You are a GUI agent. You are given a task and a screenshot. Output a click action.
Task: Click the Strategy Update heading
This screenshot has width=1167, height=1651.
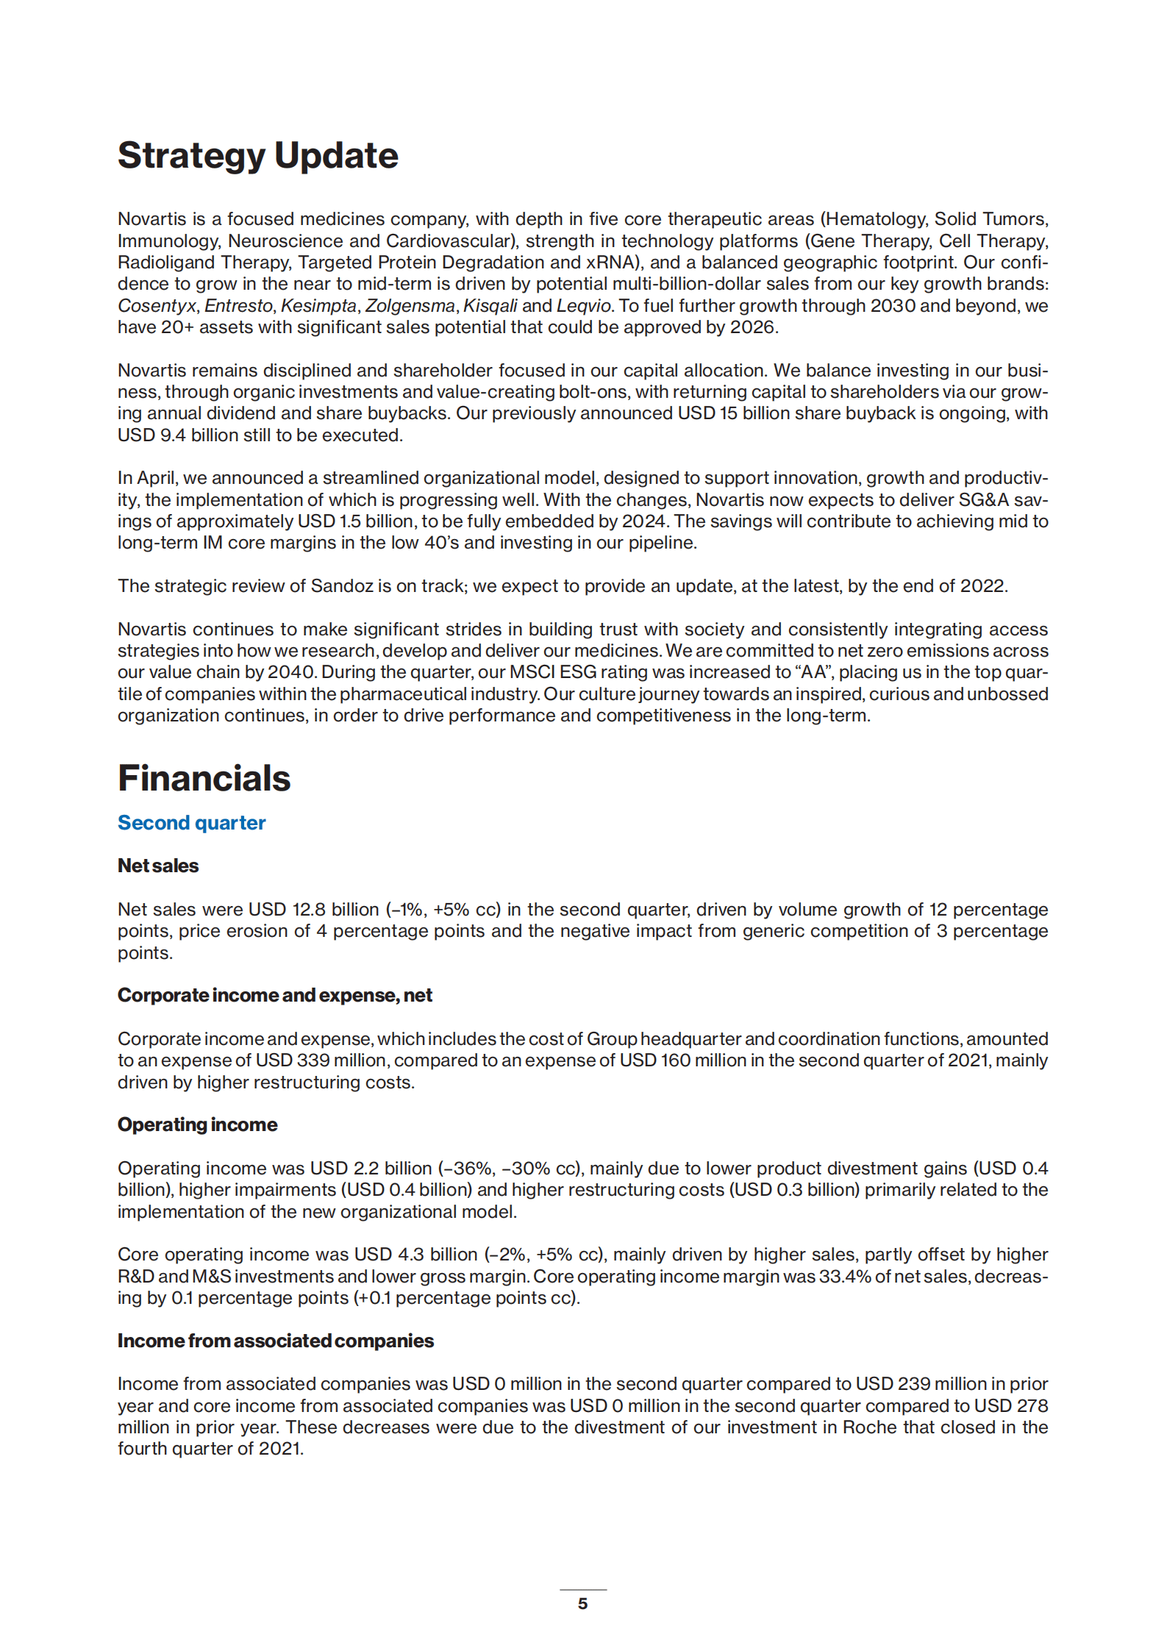(257, 156)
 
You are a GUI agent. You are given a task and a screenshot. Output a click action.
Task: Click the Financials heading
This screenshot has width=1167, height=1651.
(204, 778)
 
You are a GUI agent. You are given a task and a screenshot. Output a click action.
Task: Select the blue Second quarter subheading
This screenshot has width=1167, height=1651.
(191, 822)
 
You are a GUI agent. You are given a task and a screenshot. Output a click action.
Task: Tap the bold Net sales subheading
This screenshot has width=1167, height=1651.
(158, 866)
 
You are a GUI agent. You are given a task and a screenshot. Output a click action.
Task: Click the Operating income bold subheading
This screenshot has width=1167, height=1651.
(197, 1124)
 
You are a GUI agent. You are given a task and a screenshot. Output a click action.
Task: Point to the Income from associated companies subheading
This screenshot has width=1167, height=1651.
(275, 1341)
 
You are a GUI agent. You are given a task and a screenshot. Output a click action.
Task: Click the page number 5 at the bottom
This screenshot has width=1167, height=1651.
(582, 1603)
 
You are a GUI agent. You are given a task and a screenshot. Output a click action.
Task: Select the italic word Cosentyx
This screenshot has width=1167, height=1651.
(157, 306)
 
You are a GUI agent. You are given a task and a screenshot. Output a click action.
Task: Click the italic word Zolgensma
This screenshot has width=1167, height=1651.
(410, 306)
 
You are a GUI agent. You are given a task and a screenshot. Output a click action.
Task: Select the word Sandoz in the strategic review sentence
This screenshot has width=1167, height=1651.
(342, 586)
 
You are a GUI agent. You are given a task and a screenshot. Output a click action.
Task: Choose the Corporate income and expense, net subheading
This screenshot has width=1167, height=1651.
(274, 995)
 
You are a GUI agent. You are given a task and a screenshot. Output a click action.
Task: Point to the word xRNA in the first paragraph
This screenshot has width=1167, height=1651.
(612, 263)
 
